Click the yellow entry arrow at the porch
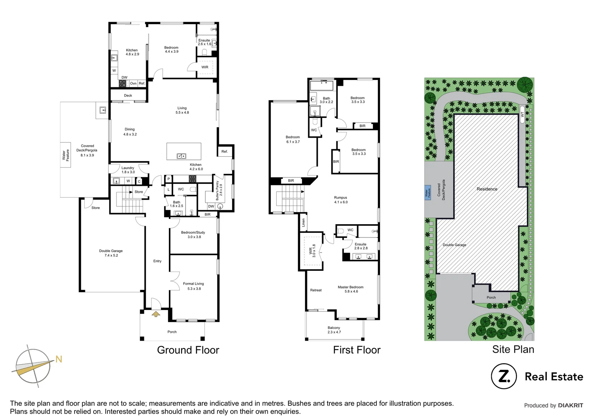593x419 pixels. click(156, 314)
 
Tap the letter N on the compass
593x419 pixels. click(59, 359)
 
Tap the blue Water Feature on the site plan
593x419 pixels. click(428, 192)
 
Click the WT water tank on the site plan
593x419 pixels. click(522, 114)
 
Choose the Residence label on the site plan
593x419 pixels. click(487, 189)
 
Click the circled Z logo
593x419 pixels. click(504, 376)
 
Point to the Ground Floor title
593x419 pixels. click(188, 350)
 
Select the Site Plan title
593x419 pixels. click(513, 350)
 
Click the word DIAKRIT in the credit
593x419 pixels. click(570, 405)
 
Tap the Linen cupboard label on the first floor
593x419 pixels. click(303, 222)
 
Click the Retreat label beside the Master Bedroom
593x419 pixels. click(316, 290)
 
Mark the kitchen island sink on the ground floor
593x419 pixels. click(181, 156)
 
